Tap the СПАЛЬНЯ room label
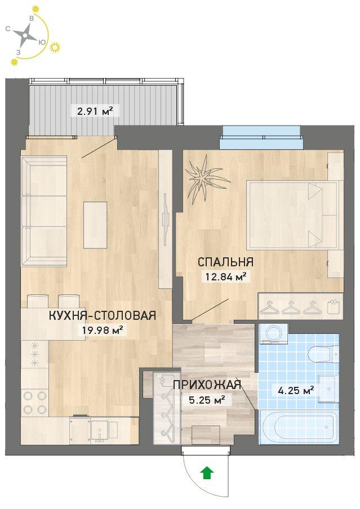pos(225,262)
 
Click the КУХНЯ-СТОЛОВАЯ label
pos(103,315)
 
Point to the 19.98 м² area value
pos(103,331)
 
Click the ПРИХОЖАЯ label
pos(207,385)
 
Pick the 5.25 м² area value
pos(207,400)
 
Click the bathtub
pos(299,428)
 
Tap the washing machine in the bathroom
pos(274,333)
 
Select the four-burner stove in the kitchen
pos(35,402)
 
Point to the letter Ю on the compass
pos(42,42)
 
